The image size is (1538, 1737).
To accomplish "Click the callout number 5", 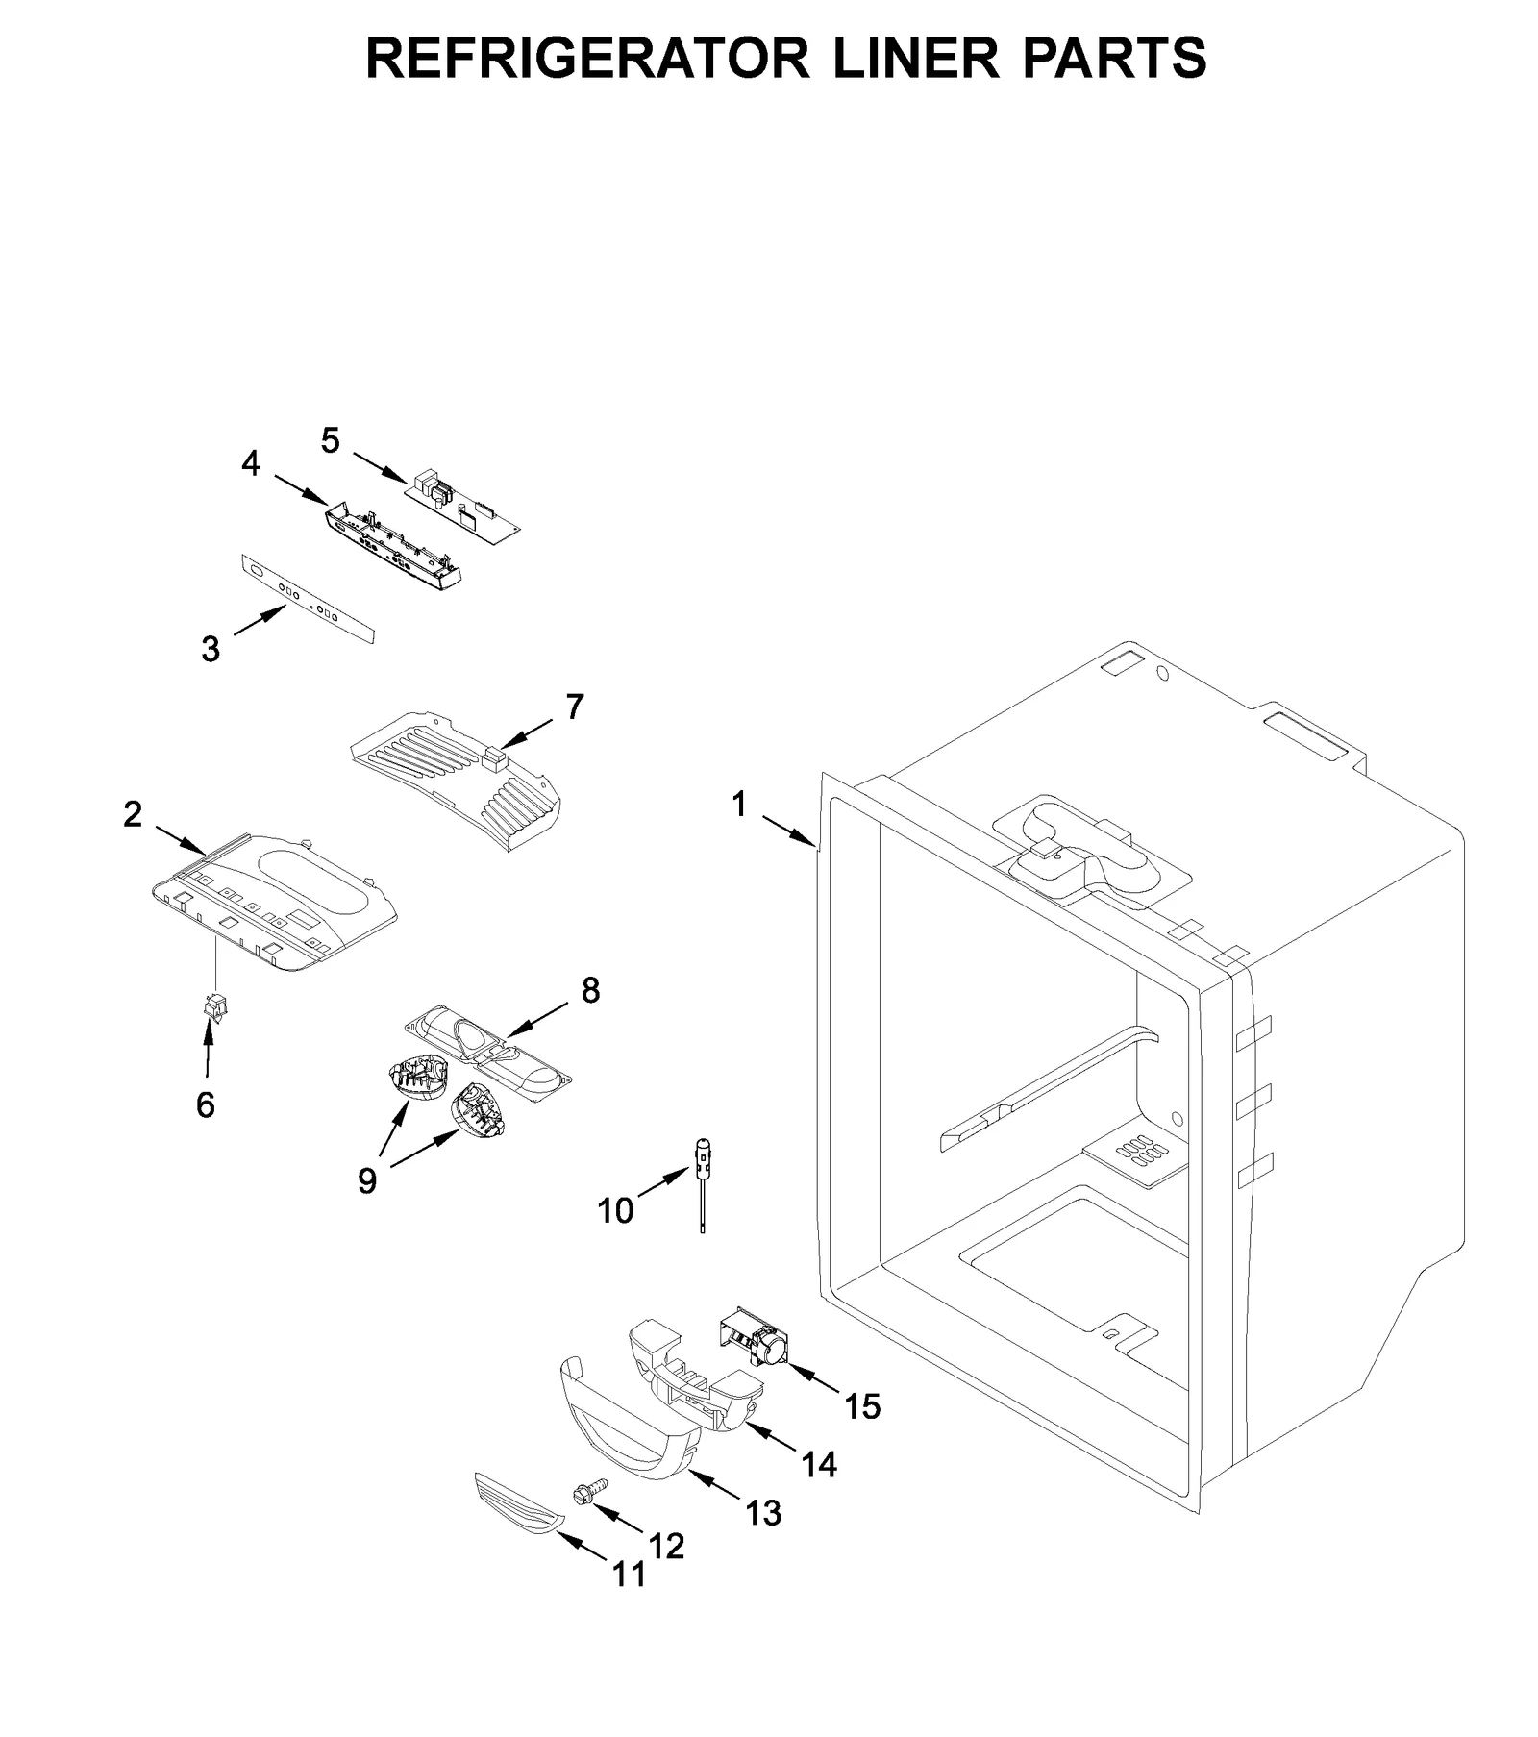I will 330,441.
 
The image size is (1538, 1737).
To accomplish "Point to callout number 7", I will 574,707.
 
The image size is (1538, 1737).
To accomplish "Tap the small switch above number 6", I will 213,1007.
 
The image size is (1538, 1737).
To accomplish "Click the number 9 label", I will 367,1180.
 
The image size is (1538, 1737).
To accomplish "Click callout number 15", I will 861,1406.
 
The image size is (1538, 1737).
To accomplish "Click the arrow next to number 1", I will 789,831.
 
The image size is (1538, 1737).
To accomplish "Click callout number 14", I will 818,1464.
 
